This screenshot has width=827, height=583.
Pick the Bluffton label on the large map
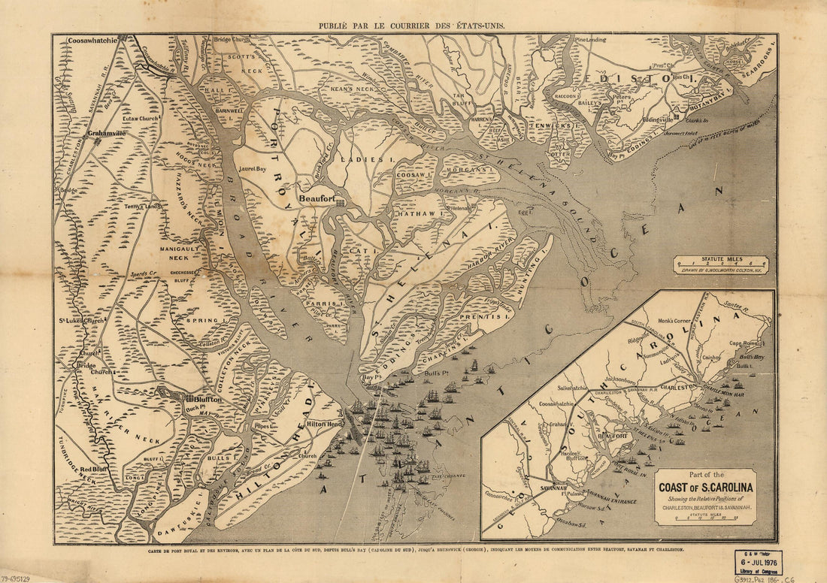pyautogui.click(x=207, y=400)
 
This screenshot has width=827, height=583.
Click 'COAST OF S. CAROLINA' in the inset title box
pyautogui.click(x=707, y=486)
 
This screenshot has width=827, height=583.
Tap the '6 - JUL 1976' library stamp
pyautogui.click(x=759, y=562)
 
